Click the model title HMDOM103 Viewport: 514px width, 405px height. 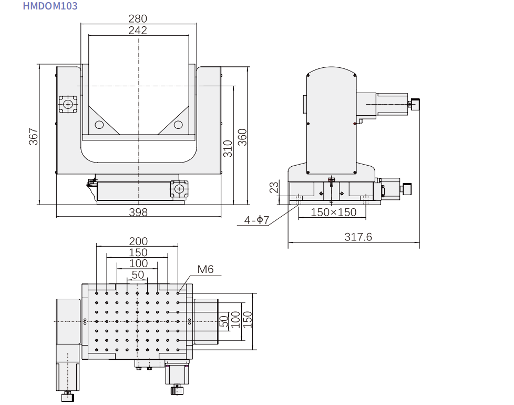point(50,6)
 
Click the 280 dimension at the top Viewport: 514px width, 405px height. point(138,19)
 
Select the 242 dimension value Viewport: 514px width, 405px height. point(138,31)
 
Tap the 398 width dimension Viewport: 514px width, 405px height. point(138,212)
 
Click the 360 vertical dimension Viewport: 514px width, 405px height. point(242,137)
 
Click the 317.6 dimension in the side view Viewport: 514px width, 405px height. point(358,237)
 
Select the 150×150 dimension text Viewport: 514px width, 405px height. point(333,212)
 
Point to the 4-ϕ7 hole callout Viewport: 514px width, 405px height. point(257,220)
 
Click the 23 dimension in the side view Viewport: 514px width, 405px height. point(274,188)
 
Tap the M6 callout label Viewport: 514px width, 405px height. point(205,270)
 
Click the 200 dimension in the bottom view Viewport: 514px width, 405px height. point(138,241)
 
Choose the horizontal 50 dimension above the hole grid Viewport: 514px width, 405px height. point(138,275)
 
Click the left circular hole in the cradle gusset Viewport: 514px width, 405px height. point(99,125)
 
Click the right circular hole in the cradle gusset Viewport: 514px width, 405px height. point(178,125)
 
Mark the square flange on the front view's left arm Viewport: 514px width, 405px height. point(67,104)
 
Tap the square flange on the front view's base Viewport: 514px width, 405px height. point(179,189)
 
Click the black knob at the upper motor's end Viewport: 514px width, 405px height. point(415,104)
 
